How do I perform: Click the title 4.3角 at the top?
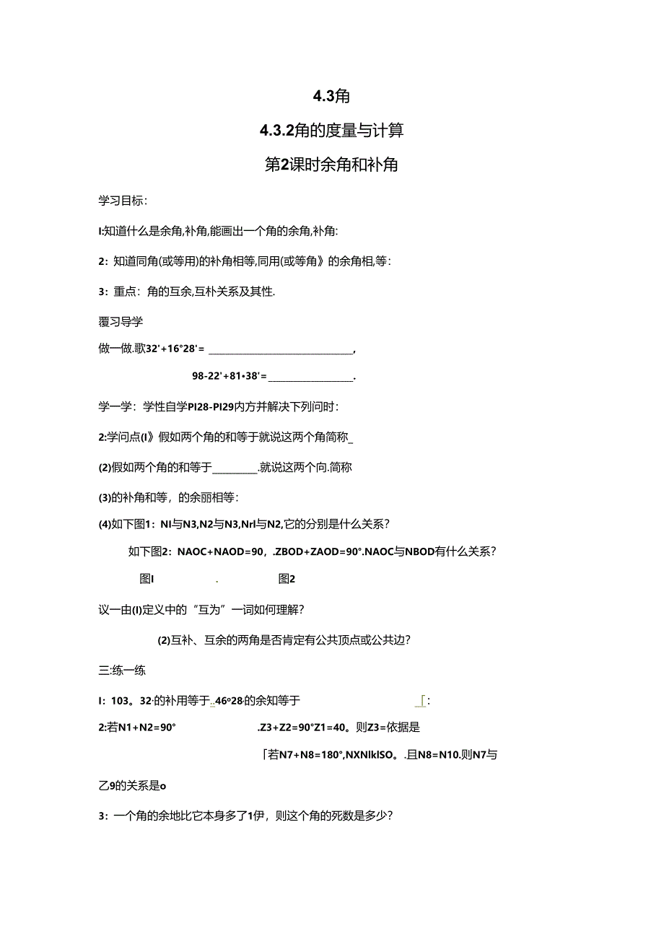(x=331, y=96)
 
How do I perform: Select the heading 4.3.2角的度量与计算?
(x=331, y=131)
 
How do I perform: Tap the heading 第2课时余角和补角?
(x=331, y=165)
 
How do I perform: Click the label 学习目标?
(x=121, y=200)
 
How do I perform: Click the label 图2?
(x=287, y=578)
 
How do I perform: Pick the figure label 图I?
(x=147, y=578)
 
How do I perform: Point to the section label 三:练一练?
(x=122, y=670)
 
